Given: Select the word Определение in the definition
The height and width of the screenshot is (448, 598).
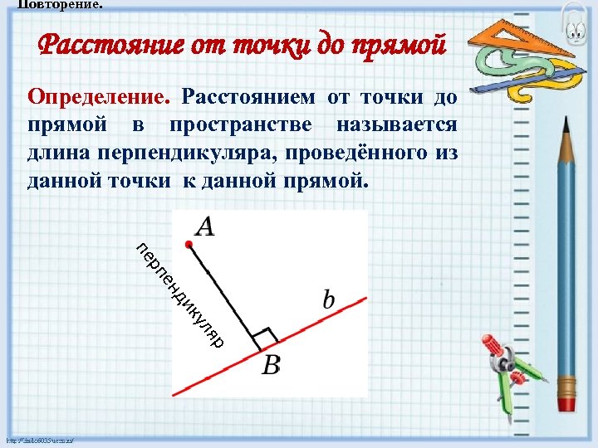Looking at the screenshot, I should click(98, 97).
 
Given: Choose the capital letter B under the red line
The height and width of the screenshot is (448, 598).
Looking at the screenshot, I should click(271, 365).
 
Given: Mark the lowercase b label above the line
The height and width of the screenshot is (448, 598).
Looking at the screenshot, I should click(329, 299).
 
